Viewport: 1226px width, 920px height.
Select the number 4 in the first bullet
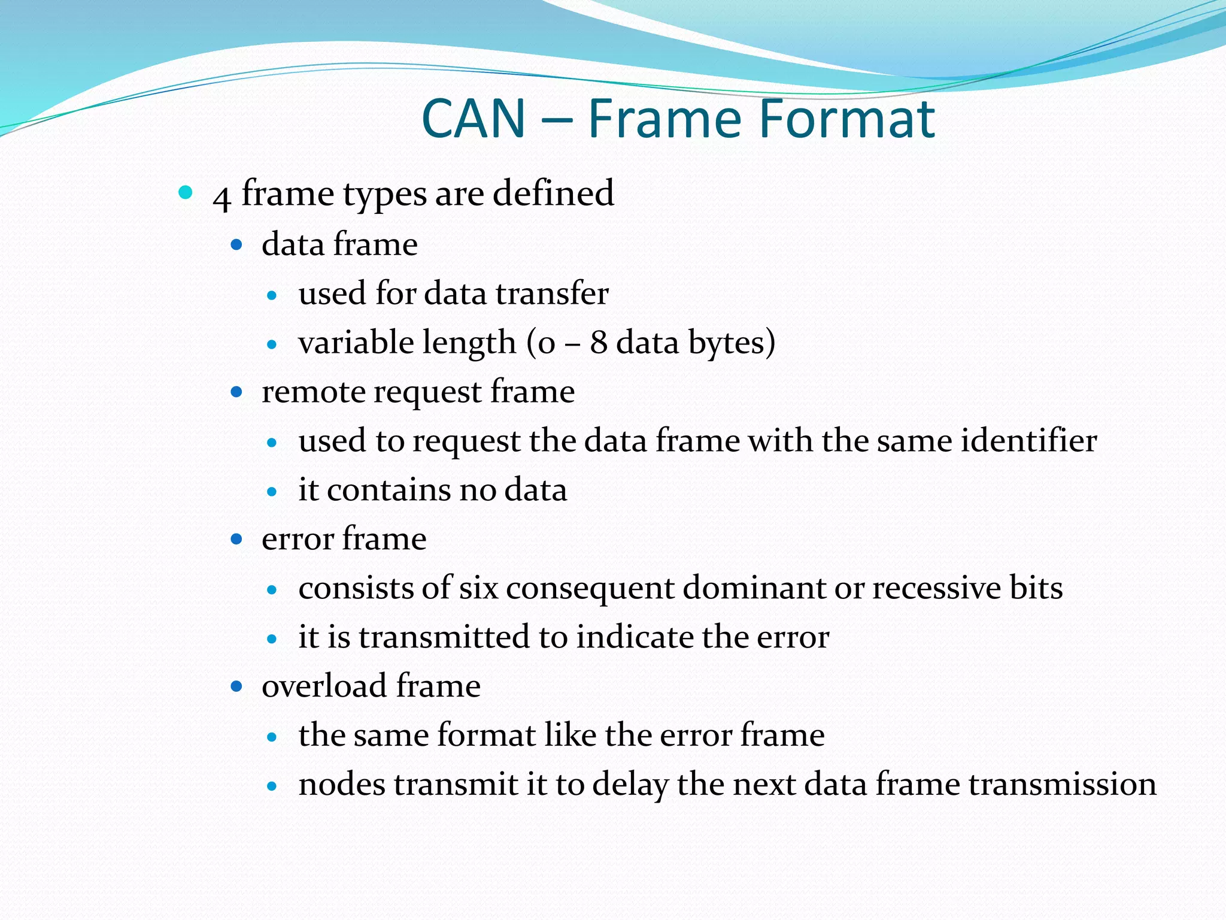click(x=221, y=196)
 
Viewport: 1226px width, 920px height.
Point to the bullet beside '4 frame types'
click(x=186, y=192)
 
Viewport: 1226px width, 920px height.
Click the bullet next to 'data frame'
click(x=236, y=244)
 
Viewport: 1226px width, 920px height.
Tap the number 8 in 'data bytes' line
click(x=599, y=343)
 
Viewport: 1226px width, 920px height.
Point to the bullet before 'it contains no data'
click(x=272, y=492)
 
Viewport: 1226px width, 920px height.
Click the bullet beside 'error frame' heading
click(x=236, y=539)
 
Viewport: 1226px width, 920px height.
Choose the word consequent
click(x=590, y=588)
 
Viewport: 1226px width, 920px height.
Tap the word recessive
click(x=937, y=588)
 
